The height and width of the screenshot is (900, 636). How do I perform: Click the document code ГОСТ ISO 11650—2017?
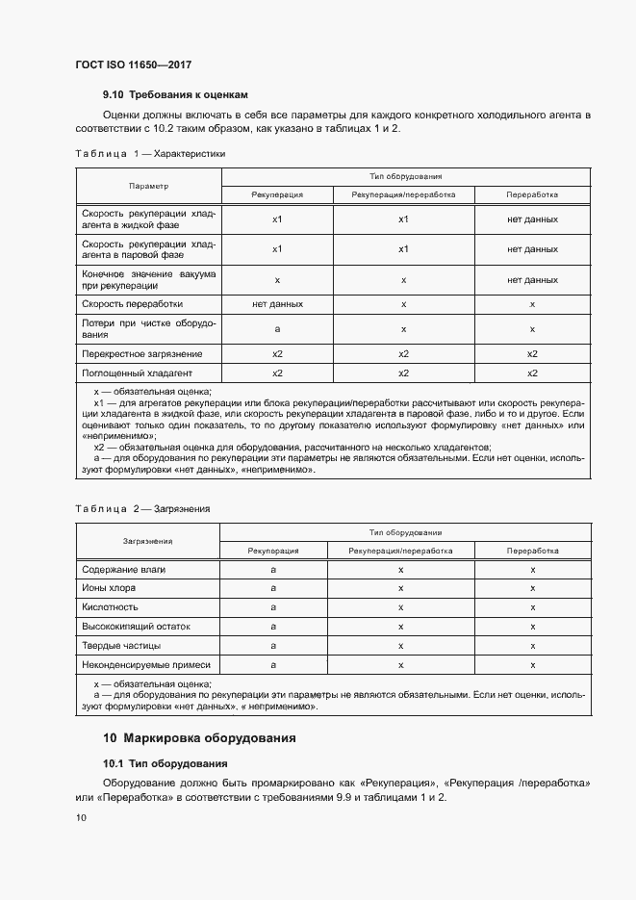click(133, 64)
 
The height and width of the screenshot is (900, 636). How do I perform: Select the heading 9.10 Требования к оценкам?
click(175, 94)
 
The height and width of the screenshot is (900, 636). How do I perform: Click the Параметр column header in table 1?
click(148, 186)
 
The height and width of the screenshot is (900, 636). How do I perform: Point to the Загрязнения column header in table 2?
click(147, 541)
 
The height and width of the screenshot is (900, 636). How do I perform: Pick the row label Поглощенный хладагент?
click(138, 373)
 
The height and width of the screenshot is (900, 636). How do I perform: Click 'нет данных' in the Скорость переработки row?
click(277, 303)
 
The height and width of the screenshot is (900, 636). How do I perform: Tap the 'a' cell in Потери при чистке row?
click(277, 328)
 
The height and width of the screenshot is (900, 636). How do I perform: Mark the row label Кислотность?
click(111, 607)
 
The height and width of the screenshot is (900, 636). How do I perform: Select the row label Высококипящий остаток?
click(136, 627)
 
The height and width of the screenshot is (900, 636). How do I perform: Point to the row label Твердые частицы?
click(121, 645)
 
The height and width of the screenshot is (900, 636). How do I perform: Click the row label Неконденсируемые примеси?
click(145, 664)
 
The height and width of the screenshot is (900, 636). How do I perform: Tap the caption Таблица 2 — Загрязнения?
click(142, 507)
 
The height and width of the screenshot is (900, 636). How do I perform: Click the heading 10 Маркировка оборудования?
click(199, 738)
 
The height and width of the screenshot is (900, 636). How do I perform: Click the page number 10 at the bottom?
click(81, 818)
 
